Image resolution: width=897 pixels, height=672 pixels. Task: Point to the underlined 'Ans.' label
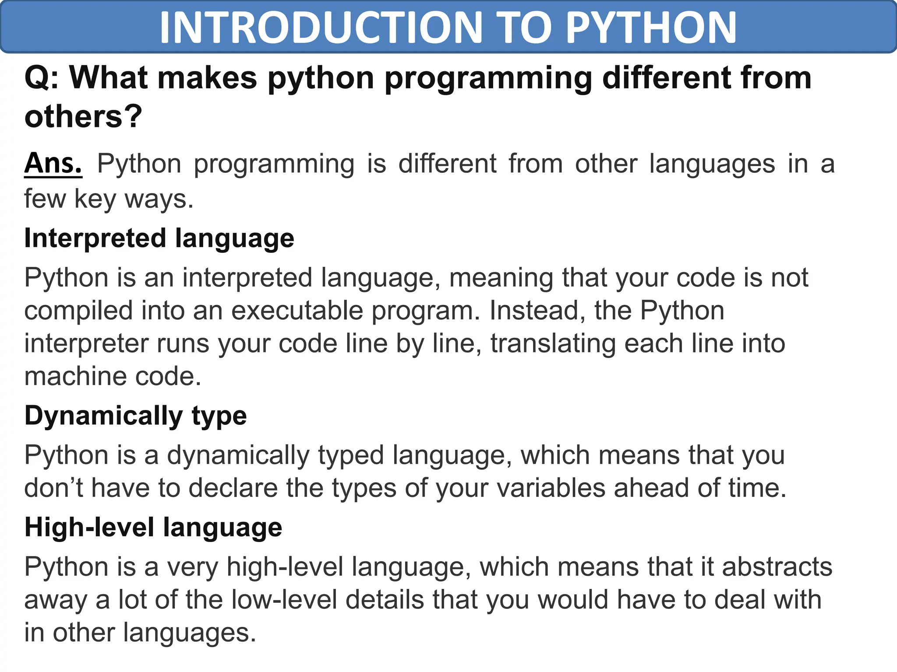point(53,164)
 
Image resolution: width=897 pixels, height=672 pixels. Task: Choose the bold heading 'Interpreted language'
point(159,238)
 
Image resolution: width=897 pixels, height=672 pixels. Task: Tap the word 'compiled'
point(78,311)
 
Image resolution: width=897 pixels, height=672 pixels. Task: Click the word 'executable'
point(297,311)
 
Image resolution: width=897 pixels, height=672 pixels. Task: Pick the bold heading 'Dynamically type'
point(135,416)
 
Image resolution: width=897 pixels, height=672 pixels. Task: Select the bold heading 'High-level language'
point(153,527)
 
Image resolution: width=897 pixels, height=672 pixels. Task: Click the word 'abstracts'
point(777,567)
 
